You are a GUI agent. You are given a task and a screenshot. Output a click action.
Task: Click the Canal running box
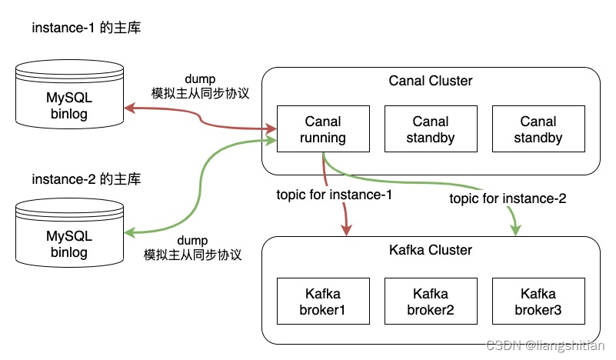323,130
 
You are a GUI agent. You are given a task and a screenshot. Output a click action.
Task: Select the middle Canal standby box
431,130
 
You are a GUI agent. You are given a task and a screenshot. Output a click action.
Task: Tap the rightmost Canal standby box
538,130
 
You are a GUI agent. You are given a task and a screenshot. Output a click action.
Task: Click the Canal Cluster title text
431,81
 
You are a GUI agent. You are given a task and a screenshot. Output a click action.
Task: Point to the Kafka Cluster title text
431,250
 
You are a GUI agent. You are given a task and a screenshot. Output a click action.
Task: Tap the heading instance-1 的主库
86,28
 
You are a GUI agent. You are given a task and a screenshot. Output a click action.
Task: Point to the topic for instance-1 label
335,195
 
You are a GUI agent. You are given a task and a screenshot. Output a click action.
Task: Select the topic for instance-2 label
508,198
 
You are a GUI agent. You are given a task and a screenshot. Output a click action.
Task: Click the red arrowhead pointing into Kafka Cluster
347,230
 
